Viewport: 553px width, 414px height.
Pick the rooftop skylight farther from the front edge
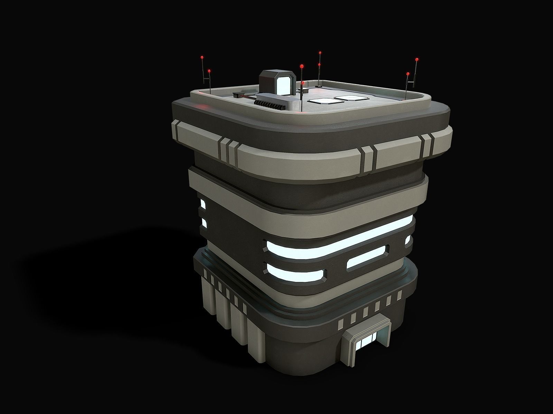tap(351, 97)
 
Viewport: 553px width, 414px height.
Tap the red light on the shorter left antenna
tap(209, 71)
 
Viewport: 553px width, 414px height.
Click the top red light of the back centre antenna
tap(320, 53)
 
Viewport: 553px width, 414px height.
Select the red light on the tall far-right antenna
tap(416, 60)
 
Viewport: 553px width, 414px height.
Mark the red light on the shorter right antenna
tap(408, 74)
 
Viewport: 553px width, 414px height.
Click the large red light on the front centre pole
tap(302, 65)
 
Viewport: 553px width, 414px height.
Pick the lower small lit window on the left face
tap(204, 223)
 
